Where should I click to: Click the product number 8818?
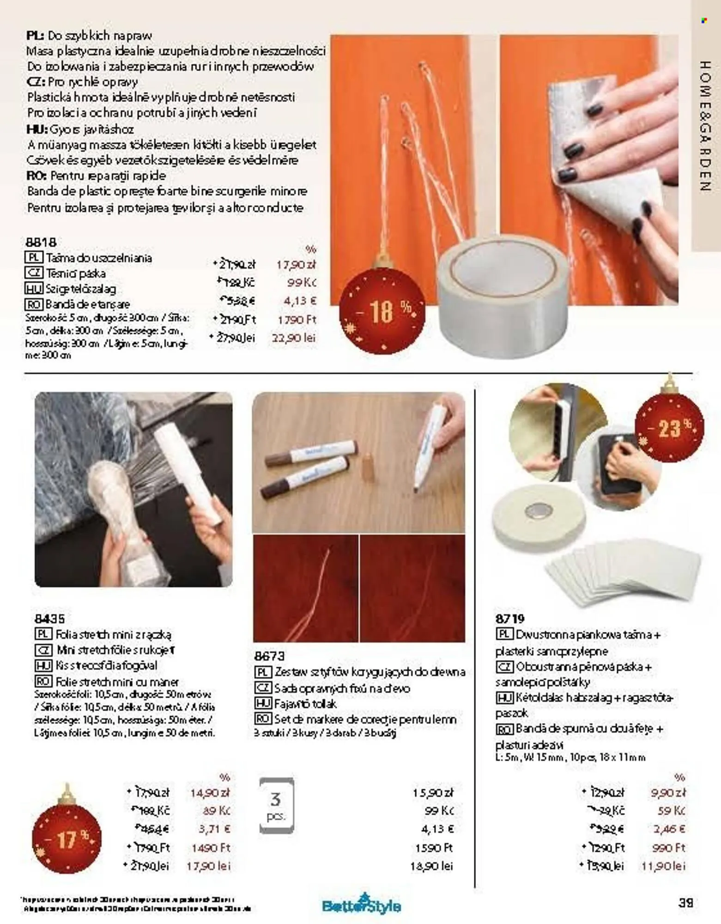41,242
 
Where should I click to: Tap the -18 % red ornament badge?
382,311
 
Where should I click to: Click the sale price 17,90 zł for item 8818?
296,265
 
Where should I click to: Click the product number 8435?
49,618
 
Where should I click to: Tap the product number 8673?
269,656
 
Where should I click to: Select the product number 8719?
510,619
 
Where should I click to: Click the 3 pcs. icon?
276,805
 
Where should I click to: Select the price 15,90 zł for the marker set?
433,793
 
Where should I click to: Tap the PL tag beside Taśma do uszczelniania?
34,258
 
